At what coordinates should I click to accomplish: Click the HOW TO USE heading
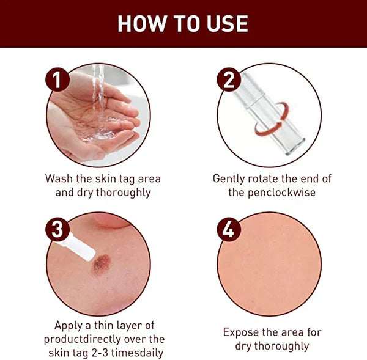[x=183, y=23]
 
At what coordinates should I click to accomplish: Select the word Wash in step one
[x=60, y=178]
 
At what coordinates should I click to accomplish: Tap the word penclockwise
[x=283, y=193]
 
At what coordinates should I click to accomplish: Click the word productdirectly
[x=83, y=339]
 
